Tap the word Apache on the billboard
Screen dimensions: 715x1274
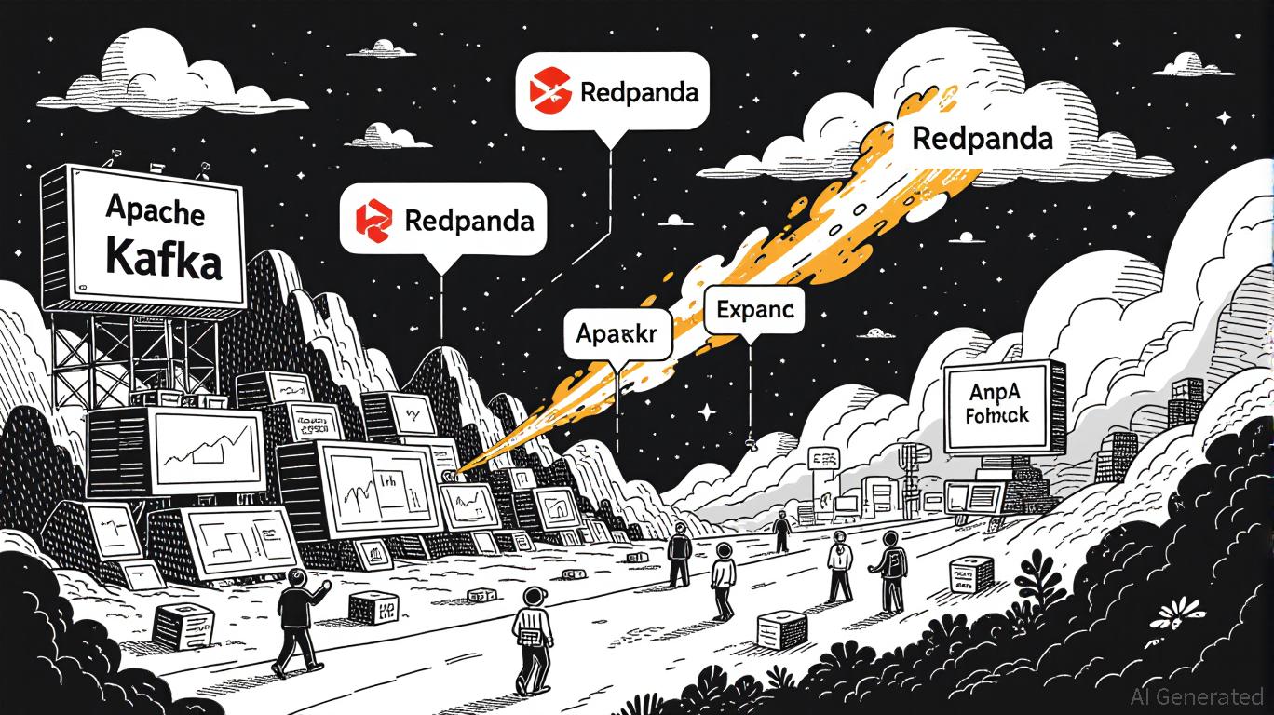[156, 211]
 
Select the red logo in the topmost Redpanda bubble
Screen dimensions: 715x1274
[549, 91]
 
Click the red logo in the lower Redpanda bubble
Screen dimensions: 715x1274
[375, 219]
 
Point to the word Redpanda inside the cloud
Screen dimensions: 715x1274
[983, 139]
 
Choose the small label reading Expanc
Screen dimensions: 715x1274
[755, 310]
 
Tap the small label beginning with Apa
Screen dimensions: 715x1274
[617, 334]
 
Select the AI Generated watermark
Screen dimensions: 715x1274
[1196, 696]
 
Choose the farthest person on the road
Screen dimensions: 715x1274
[780, 532]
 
